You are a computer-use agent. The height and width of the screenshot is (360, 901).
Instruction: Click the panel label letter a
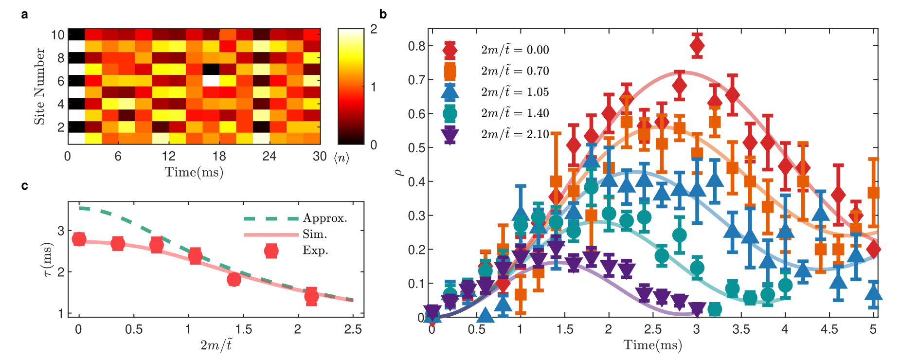(24, 15)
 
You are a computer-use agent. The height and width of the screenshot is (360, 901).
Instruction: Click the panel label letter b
(383, 15)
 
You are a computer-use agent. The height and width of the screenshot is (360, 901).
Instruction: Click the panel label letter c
(24, 186)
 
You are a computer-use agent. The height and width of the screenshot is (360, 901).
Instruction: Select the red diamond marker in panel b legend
(450, 50)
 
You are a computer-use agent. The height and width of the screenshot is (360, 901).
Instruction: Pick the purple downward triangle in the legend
(450, 134)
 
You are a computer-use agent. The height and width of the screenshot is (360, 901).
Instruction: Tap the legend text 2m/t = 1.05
(515, 92)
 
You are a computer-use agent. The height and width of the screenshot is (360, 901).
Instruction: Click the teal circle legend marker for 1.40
(450, 113)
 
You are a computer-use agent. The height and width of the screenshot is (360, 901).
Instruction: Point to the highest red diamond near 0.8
(697, 46)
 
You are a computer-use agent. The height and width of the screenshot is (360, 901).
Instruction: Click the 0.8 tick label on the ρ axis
(416, 46)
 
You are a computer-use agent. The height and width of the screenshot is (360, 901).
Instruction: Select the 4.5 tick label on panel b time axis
(829, 330)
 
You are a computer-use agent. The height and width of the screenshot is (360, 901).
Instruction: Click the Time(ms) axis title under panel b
(652, 345)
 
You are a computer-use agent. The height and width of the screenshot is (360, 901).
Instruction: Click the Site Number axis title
(39, 86)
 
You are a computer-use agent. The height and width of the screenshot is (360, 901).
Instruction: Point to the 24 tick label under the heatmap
(269, 156)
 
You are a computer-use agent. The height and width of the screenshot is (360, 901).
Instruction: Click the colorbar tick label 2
(374, 29)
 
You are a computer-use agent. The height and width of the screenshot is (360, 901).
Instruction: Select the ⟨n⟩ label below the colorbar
(342, 157)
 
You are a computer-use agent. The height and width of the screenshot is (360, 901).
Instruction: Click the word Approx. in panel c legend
(325, 218)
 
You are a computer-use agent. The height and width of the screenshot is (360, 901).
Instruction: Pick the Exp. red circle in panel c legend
(271, 251)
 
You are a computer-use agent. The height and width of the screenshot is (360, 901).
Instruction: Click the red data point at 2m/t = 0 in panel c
(79, 239)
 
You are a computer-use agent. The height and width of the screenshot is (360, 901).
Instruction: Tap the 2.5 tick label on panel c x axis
(353, 330)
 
